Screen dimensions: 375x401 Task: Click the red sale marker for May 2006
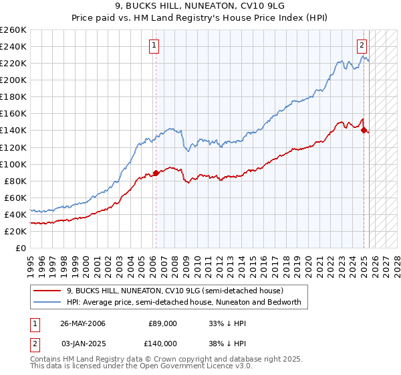(x=156, y=173)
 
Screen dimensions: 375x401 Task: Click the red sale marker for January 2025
(x=364, y=130)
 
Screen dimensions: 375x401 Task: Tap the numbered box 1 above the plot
(x=154, y=46)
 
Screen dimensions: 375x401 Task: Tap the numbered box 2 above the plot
(x=362, y=46)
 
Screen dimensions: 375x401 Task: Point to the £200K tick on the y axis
(x=13, y=80)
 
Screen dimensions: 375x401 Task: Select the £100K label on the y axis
(x=13, y=164)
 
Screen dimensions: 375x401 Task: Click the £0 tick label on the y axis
(x=20, y=248)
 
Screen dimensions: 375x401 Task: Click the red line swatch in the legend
(x=47, y=291)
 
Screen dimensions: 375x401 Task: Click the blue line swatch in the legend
(x=47, y=302)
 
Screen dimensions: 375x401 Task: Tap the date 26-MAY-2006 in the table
(x=83, y=323)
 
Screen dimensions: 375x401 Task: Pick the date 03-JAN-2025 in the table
(x=83, y=343)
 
